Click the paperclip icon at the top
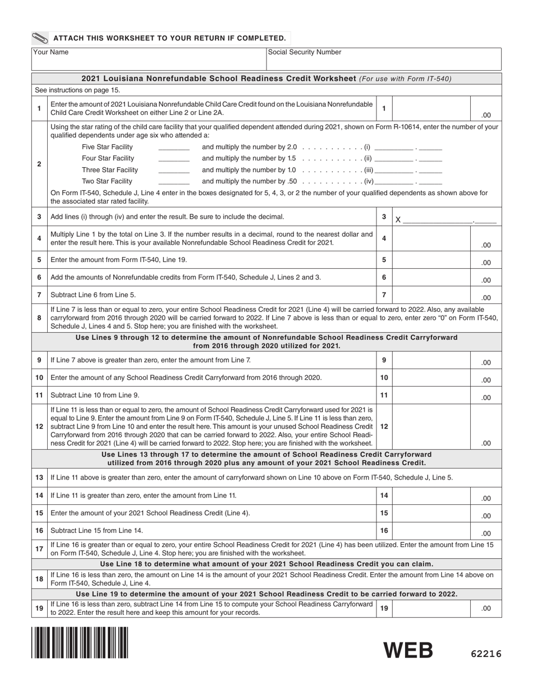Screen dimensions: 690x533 [x=40, y=39]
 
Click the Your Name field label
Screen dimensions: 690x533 [x=50, y=52]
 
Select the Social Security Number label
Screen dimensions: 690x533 [x=305, y=52]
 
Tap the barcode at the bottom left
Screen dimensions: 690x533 [x=80, y=642]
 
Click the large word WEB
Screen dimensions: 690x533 [x=408, y=650]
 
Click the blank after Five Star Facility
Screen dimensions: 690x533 [x=174, y=148]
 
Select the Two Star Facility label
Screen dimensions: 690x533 [x=107, y=181]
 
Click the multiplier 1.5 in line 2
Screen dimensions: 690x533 [x=291, y=159]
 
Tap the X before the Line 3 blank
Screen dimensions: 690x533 [x=398, y=220]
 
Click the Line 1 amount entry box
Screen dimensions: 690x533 [x=430, y=108]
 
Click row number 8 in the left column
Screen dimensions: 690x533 [x=39, y=318]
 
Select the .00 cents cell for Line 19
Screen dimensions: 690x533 [x=485, y=608]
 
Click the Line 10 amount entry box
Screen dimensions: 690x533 [x=430, y=378]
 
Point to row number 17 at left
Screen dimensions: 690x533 [x=39, y=549]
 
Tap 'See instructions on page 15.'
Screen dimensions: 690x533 [x=77, y=90]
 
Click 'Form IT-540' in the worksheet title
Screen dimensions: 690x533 [x=430, y=79]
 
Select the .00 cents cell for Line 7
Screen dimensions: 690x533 [x=485, y=298]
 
